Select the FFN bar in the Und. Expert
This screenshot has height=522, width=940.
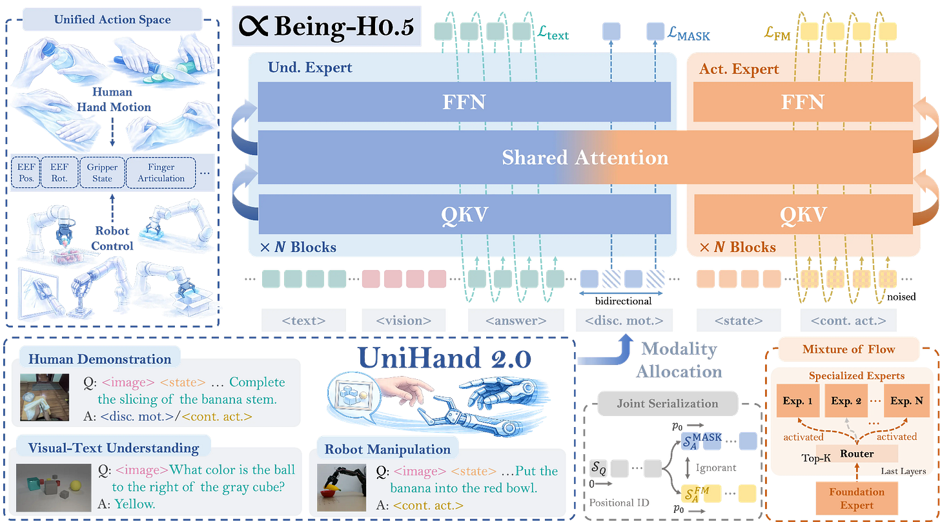[x=464, y=102]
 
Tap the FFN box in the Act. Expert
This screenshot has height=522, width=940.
[x=802, y=102]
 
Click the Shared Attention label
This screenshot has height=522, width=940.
[x=585, y=158]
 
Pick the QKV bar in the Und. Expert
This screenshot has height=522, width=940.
[x=464, y=214]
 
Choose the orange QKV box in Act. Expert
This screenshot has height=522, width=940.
[x=802, y=214]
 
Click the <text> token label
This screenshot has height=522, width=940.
[x=303, y=320]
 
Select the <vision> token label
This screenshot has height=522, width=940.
[x=404, y=320]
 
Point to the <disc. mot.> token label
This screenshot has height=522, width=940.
[x=624, y=320]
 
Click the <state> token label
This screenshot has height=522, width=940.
[x=739, y=320]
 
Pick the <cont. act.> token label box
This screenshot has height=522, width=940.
[x=848, y=320]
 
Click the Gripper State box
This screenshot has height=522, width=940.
[x=102, y=173]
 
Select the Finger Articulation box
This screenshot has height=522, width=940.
[x=161, y=173]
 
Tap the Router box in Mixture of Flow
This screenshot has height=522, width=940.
[x=857, y=454]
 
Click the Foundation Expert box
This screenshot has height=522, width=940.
[x=857, y=497]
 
